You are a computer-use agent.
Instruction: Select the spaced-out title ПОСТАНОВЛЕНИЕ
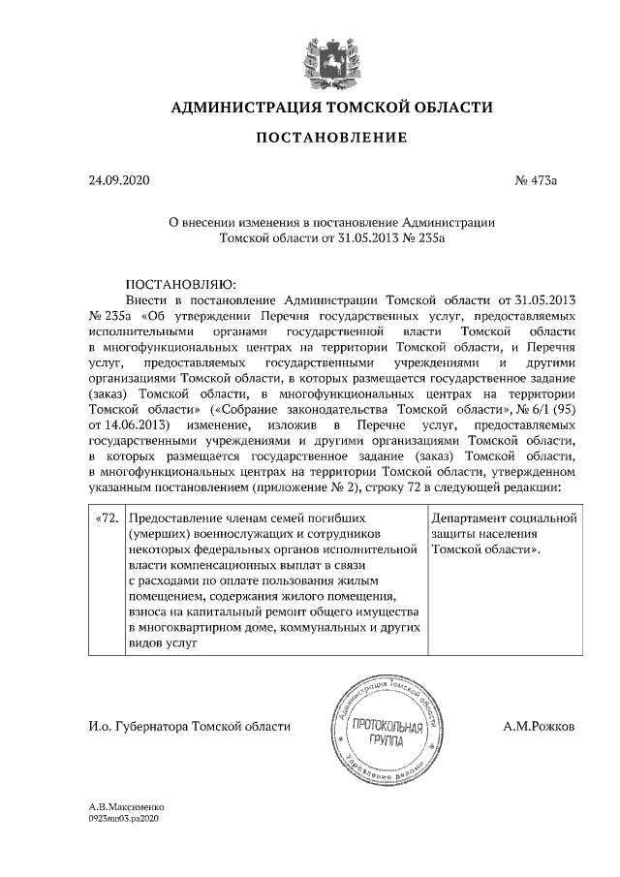click(331, 139)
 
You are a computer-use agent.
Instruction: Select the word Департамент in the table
click(474, 517)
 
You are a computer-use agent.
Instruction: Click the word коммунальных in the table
click(324, 627)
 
